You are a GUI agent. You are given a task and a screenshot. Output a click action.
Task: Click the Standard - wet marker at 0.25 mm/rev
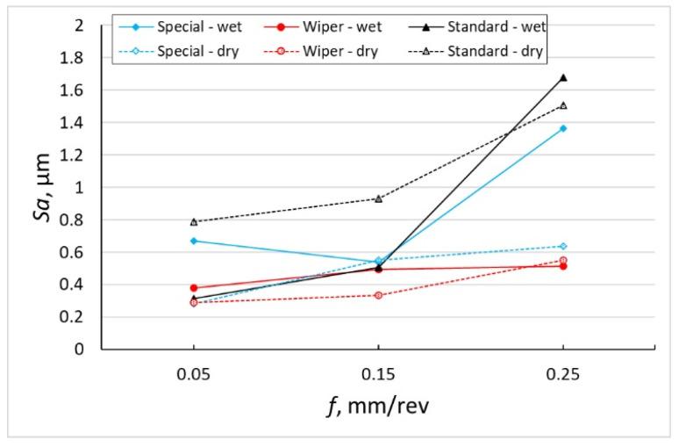563,77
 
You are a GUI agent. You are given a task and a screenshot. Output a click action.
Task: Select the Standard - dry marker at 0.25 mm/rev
563,105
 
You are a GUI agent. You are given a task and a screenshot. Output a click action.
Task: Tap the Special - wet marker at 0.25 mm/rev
563,128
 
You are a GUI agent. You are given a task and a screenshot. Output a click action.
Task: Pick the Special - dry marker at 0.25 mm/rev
563,246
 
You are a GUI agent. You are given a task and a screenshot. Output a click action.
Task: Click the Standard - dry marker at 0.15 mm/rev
378,198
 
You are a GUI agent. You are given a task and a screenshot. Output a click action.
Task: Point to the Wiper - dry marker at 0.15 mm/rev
378,295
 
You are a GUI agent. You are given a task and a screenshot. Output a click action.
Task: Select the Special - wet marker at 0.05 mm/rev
193,241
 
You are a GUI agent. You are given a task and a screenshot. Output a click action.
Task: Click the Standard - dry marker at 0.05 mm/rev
193,221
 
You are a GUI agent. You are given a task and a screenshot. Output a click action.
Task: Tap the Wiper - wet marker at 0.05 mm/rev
193,287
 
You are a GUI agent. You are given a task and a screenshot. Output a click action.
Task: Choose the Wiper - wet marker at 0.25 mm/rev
563,265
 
